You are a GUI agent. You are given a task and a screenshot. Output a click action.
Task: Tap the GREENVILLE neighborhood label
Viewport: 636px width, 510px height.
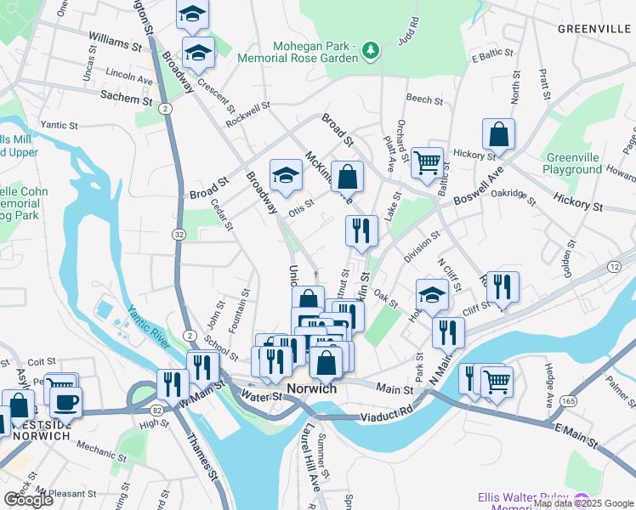click(593, 28)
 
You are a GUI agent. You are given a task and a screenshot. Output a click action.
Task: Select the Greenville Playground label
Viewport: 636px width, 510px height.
click(574, 164)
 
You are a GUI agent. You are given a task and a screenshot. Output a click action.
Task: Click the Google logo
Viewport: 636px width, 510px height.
click(29, 500)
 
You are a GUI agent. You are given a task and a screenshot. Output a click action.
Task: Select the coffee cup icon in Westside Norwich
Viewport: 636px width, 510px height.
click(65, 401)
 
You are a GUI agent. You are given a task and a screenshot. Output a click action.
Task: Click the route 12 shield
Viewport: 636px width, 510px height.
click(613, 266)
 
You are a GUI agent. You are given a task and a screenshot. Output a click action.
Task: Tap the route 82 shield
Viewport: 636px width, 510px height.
click(133, 410)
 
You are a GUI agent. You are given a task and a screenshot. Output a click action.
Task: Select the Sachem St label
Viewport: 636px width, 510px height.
click(127, 98)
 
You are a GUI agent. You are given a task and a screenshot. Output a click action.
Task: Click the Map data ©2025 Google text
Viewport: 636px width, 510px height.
click(583, 503)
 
